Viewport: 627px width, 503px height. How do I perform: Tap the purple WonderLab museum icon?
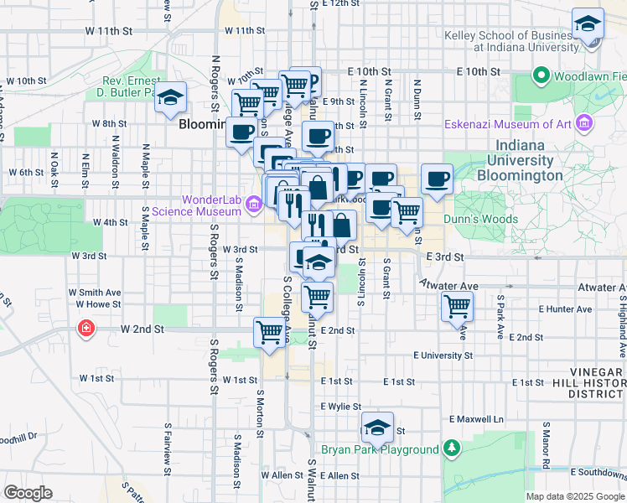pos(254,201)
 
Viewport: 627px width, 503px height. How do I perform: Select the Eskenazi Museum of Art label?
pos(507,125)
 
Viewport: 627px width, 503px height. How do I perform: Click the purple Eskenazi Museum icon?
pos(585,125)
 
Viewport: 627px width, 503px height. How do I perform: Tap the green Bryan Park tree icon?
pos(452,449)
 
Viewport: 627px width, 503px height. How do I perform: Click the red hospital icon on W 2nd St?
pos(85,328)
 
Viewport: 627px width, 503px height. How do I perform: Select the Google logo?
pos(28,492)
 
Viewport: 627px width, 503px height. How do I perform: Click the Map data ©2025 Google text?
pos(574,496)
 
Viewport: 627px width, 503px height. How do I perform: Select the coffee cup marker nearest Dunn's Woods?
pos(438,178)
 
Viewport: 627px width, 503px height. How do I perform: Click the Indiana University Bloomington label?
pos(519,160)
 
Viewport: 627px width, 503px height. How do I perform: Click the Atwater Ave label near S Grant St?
pos(450,286)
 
